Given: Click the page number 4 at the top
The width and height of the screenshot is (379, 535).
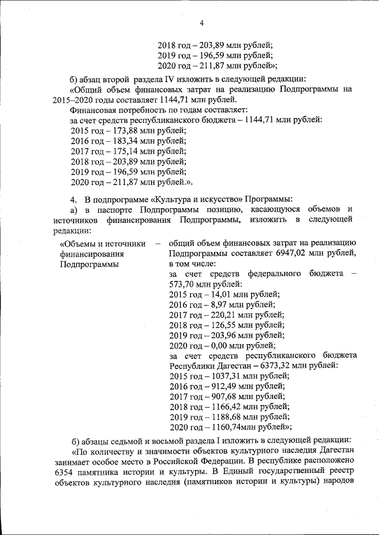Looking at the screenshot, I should pyautogui.click(x=201, y=23).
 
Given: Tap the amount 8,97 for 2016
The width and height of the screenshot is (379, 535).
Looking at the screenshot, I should pyautogui.click(x=217, y=304).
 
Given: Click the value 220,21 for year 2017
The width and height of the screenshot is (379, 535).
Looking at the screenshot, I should pyautogui.click(x=221, y=314).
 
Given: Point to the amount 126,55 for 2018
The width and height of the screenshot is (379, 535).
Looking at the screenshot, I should pyautogui.click(x=221, y=325).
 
